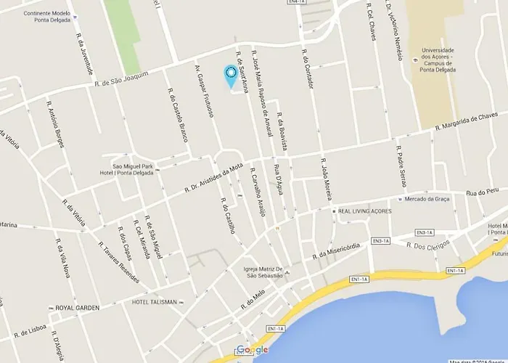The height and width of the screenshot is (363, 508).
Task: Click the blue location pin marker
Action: tap(231, 74)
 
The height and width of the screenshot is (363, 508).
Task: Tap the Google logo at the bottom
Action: tap(251, 350)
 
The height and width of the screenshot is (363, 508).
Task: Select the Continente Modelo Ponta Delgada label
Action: tap(47, 16)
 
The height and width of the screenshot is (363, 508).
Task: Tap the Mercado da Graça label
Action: tap(427, 199)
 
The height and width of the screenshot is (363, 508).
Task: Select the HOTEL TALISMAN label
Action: tap(155, 301)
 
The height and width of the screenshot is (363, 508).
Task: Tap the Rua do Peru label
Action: tap(483, 192)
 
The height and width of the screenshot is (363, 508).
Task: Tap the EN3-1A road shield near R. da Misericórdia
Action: tap(380, 240)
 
